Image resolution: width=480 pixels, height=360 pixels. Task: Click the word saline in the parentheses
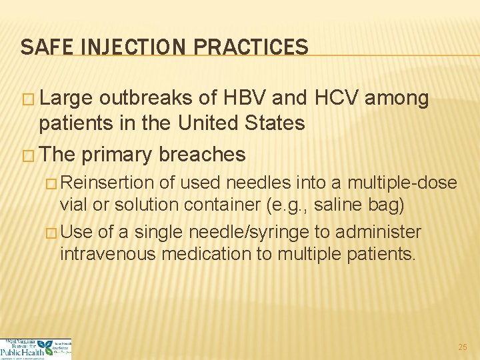335,204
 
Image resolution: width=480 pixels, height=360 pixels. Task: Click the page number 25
463,347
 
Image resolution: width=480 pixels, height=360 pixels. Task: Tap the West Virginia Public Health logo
35,349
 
